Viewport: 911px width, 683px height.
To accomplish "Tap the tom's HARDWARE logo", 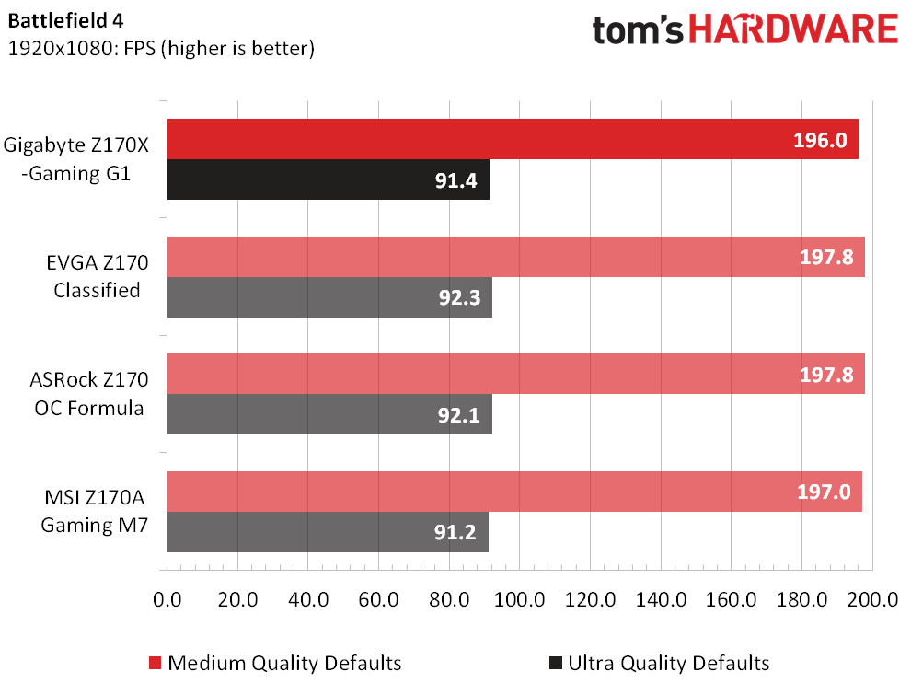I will point(744,30).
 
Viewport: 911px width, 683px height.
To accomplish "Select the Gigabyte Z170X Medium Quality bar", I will point(512,139).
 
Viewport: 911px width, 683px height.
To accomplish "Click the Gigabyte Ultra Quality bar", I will point(328,179).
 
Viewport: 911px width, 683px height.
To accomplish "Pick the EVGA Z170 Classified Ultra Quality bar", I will point(329,297).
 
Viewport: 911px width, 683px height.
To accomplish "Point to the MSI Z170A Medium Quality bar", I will point(513,492).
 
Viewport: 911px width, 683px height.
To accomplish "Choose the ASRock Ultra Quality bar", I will point(329,414).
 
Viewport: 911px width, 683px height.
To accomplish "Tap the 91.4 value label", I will point(455,180).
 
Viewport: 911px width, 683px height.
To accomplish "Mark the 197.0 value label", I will point(823,492).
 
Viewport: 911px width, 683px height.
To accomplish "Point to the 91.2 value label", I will point(455,532).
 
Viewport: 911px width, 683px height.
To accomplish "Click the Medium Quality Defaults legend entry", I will point(276,663).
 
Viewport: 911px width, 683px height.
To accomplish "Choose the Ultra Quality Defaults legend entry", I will point(659,663).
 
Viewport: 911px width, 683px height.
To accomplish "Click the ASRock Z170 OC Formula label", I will point(88,393).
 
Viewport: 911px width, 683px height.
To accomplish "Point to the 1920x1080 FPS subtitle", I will point(161,49).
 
